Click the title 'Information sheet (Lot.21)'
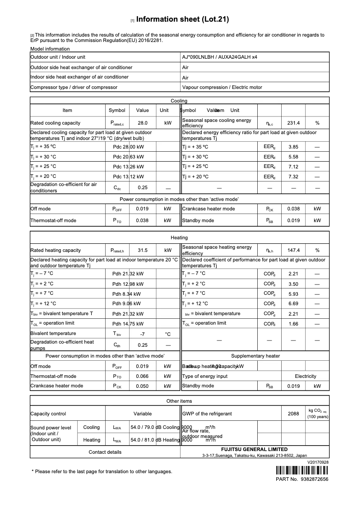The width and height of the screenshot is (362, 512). pyautogui.click(x=182, y=19)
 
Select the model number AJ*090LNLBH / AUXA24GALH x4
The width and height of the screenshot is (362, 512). pyautogui.click(x=220, y=57)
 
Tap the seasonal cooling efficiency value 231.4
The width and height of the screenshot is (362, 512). pyautogui.click(x=293, y=123)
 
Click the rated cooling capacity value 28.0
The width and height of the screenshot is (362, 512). pyautogui.click(x=143, y=123)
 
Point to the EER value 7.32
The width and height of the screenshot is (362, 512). pyautogui.click(x=293, y=177)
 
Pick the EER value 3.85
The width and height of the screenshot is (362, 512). pyautogui.click(x=293, y=147)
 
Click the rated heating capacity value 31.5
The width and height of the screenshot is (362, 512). pyautogui.click(x=143, y=250)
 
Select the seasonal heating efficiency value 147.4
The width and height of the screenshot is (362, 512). pyautogui.click(x=293, y=250)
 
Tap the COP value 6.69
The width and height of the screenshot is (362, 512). pyautogui.click(x=293, y=304)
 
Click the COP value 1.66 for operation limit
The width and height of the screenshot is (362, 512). pyautogui.click(x=293, y=324)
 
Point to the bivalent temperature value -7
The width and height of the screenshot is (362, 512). pyautogui.click(x=143, y=334)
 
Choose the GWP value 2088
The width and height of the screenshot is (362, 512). pyautogui.click(x=293, y=414)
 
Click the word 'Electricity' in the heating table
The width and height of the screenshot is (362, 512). pyautogui.click(x=306, y=376)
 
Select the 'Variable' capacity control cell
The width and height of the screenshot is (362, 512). pyautogui.click(x=143, y=414)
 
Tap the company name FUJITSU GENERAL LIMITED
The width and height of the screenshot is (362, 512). pyautogui.click(x=254, y=450)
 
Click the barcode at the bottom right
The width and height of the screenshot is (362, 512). pyautogui.click(x=302, y=470)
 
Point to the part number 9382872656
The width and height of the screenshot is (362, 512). pyautogui.click(x=314, y=479)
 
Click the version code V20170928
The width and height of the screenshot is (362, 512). pyautogui.click(x=318, y=462)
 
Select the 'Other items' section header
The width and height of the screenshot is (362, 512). pyautogui.click(x=179, y=401)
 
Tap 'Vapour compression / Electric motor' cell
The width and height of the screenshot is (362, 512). pyautogui.click(x=222, y=87)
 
